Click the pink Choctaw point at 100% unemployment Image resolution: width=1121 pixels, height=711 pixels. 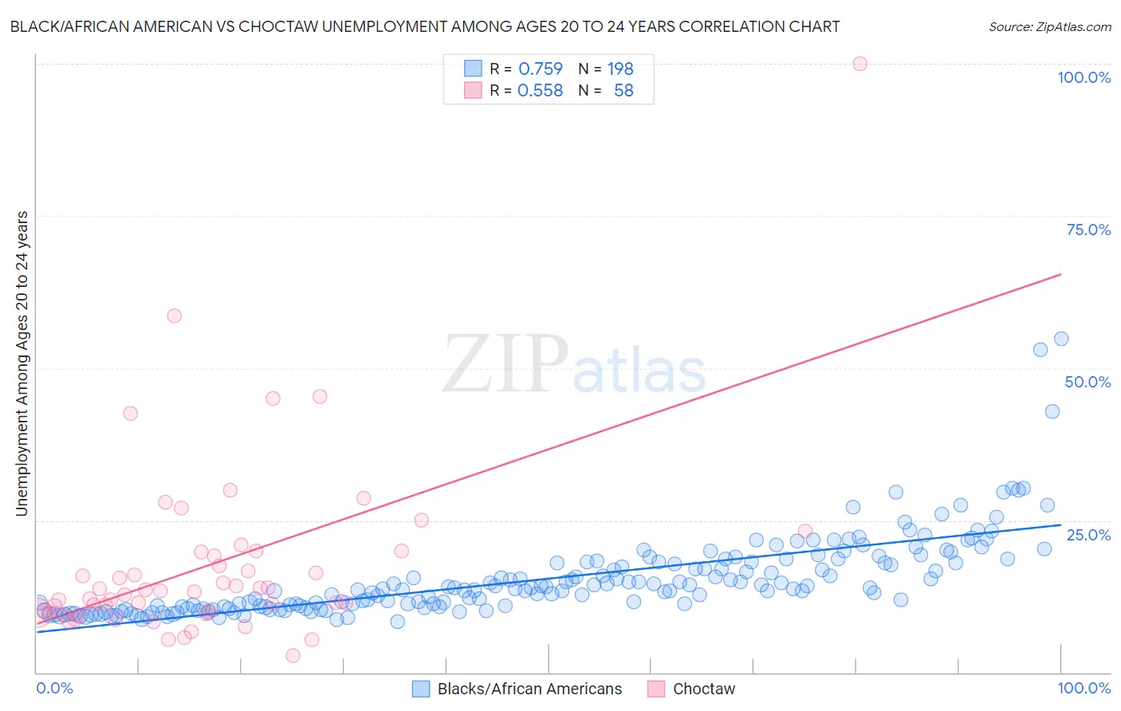[859, 64]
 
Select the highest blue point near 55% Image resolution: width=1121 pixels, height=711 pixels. [1061, 339]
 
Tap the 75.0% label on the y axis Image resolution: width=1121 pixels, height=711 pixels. [1088, 230]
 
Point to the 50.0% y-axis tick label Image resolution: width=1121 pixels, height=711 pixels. [1088, 382]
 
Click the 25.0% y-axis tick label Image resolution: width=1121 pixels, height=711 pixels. [1088, 535]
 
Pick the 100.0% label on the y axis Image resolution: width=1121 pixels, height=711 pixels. [1084, 77]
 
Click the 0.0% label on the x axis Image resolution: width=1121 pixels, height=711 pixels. [54, 688]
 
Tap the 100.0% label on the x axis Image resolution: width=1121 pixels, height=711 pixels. [1084, 688]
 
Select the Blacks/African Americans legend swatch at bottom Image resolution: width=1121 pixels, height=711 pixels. [421, 689]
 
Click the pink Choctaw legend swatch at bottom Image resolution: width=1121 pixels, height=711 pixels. [656, 689]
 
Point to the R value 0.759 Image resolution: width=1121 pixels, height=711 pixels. [540, 69]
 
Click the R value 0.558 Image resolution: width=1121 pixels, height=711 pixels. [540, 91]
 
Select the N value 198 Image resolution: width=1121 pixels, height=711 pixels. [620, 69]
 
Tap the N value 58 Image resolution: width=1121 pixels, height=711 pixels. [623, 91]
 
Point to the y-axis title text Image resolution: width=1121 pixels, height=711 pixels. [22, 363]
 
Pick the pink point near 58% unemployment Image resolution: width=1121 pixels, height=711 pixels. [174, 316]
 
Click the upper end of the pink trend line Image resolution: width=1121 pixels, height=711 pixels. [1060, 274]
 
